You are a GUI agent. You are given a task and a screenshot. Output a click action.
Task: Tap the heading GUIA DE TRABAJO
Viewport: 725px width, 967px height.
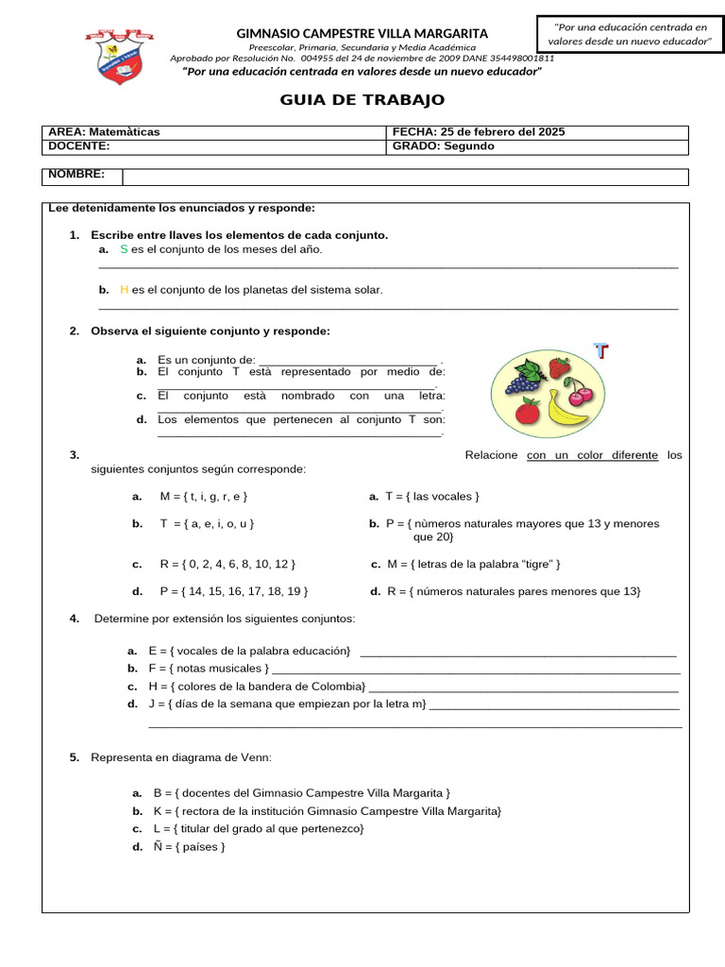click(x=362, y=100)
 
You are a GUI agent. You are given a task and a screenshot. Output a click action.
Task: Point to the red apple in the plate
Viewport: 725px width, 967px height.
click(x=527, y=411)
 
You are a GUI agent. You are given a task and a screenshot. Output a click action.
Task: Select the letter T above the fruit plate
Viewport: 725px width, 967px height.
click(x=600, y=352)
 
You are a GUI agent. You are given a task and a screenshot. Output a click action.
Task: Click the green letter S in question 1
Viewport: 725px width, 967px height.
click(x=124, y=249)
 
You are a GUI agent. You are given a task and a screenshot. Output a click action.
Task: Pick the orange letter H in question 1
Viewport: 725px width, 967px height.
click(x=124, y=290)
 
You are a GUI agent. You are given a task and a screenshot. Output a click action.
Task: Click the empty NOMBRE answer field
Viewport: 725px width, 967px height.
click(x=406, y=177)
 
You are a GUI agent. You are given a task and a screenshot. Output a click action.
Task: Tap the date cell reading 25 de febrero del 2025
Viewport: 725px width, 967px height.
click(x=477, y=132)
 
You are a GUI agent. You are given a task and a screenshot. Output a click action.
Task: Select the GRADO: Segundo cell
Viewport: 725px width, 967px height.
click(x=444, y=146)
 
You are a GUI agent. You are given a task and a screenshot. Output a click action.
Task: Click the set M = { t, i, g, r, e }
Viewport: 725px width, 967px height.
click(x=204, y=496)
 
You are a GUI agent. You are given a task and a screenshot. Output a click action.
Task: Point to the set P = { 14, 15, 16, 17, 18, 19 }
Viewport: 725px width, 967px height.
click(x=234, y=591)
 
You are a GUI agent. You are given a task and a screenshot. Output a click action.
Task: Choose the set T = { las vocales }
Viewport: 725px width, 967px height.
click(x=432, y=496)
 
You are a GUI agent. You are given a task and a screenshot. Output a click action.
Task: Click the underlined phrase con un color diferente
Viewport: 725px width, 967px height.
click(x=592, y=455)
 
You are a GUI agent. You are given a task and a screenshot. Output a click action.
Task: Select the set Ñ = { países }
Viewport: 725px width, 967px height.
click(x=189, y=846)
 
